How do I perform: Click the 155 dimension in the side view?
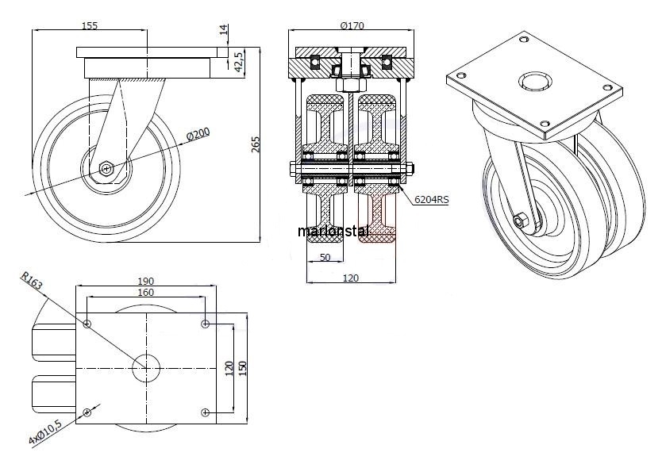(90, 25)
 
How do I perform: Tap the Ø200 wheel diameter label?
(198, 135)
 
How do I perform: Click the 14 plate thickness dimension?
(224, 32)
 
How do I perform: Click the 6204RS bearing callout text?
(431, 201)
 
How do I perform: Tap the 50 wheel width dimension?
(325, 257)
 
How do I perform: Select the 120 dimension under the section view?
(350, 278)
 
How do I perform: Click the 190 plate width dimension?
(145, 281)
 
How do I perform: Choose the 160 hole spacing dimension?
(145, 292)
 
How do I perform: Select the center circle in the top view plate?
(146, 366)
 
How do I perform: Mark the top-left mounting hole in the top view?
(87, 323)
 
